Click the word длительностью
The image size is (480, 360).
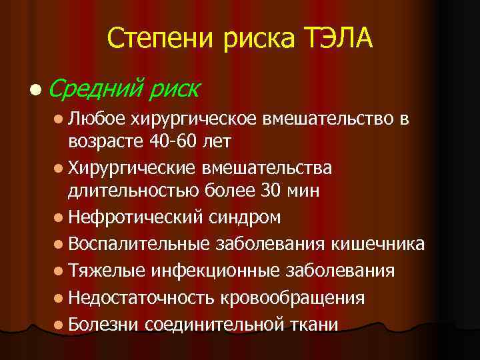[x=125, y=191]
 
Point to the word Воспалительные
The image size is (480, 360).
[x=137, y=244]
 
